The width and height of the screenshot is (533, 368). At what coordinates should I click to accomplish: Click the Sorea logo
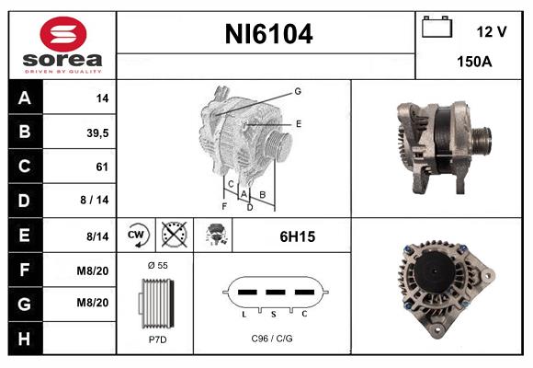62,46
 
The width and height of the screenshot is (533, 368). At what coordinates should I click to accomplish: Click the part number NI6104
268,35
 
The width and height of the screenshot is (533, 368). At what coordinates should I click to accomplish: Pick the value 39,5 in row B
96,132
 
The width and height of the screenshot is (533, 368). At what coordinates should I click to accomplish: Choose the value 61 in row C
101,167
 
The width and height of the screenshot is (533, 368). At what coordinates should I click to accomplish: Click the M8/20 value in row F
95,270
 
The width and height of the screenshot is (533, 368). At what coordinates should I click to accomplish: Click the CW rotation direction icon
137,236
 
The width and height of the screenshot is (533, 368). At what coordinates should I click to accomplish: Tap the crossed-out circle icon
173,236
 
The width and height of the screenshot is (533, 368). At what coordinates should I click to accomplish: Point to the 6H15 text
297,236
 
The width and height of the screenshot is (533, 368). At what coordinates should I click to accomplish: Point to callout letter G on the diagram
298,91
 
